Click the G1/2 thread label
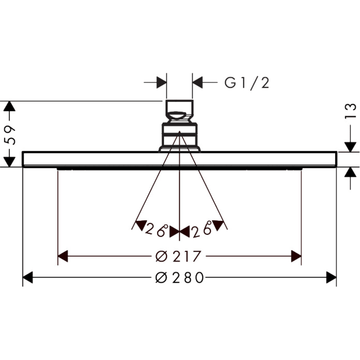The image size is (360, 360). [x=246, y=83]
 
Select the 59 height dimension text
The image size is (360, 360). [x=10, y=135]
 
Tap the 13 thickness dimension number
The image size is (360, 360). [x=350, y=112]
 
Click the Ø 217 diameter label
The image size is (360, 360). [x=178, y=257]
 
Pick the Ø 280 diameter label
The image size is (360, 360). [x=180, y=278]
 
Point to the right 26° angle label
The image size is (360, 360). [x=201, y=229]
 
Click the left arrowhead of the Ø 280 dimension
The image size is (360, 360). [x=28, y=277]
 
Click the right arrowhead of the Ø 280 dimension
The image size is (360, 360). [x=331, y=277]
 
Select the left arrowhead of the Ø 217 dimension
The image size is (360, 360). [x=63, y=256]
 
